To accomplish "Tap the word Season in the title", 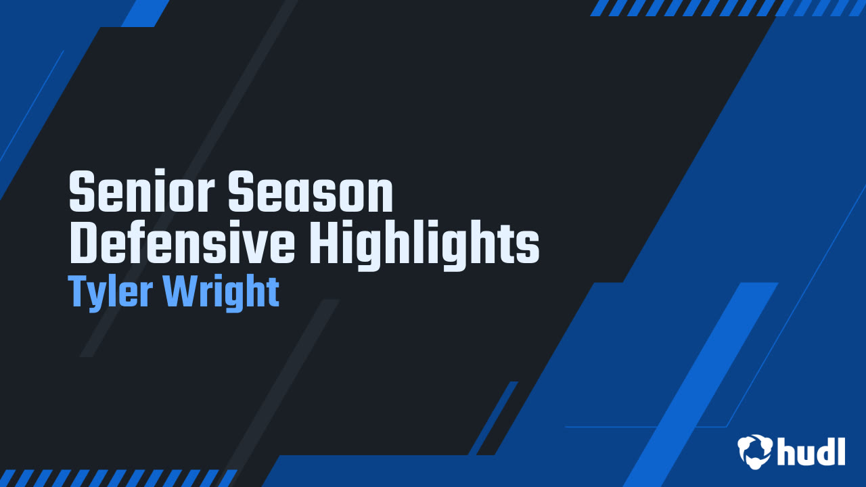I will (x=311, y=193).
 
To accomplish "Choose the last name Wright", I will (x=223, y=293).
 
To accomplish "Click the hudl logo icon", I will (x=755, y=451).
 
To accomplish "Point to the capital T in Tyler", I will (x=79, y=292).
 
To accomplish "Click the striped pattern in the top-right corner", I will (x=727, y=7).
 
